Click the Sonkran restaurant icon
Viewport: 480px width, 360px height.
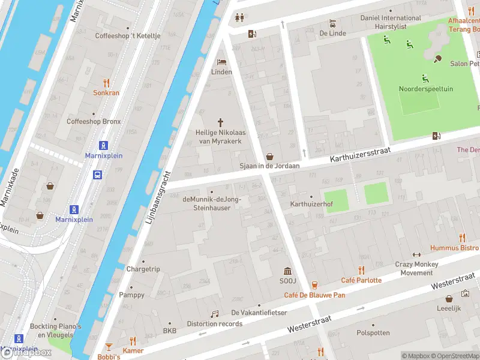point(107,83)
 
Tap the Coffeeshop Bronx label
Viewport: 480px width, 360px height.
point(94,121)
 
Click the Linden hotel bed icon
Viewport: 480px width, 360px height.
point(221,62)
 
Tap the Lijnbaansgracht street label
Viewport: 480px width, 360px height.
point(159,199)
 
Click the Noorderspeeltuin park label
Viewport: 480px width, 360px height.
point(425,89)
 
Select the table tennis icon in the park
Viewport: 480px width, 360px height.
point(437,58)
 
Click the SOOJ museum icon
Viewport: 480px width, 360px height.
point(287,271)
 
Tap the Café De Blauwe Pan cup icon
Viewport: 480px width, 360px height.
point(314,284)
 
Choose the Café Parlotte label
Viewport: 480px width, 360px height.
point(361,280)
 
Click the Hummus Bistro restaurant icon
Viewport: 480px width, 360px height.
point(461,238)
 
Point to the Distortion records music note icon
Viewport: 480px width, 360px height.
point(214,314)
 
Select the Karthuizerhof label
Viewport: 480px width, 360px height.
point(311,205)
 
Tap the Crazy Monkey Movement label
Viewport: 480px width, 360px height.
point(416,268)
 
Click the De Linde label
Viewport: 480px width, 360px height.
point(332,33)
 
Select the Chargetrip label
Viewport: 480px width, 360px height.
point(143,269)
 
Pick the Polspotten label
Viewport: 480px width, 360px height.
point(373,332)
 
